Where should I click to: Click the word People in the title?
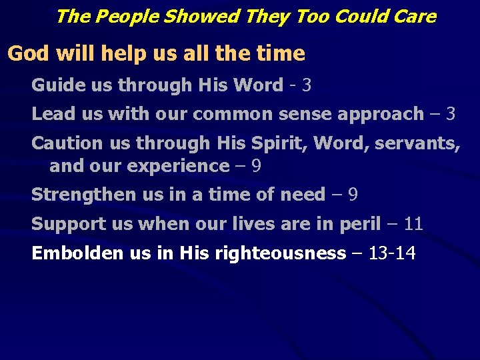[120, 16]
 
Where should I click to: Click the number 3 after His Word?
[306, 85]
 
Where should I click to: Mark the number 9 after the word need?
[353, 195]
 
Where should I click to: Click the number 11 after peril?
[413, 224]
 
